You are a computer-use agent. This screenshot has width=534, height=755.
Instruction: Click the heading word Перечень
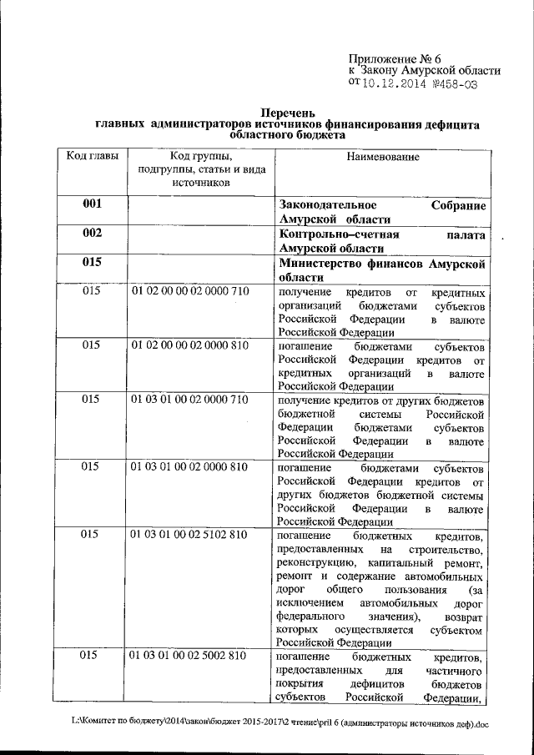(287, 112)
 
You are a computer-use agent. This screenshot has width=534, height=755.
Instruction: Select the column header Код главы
(92, 157)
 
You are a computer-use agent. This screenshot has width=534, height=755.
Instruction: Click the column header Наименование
(380, 157)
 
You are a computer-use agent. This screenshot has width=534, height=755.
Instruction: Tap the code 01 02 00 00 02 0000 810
(189, 345)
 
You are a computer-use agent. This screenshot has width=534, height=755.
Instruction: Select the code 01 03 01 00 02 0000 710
(189, 400)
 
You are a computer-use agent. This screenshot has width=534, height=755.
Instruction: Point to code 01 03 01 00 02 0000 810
(189, 467)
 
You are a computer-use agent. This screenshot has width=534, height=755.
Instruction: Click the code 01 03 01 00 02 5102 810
(189, 535)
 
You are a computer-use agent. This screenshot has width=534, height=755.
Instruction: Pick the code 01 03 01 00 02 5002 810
(189, 657)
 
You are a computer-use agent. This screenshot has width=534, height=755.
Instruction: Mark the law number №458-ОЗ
(455, 83)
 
